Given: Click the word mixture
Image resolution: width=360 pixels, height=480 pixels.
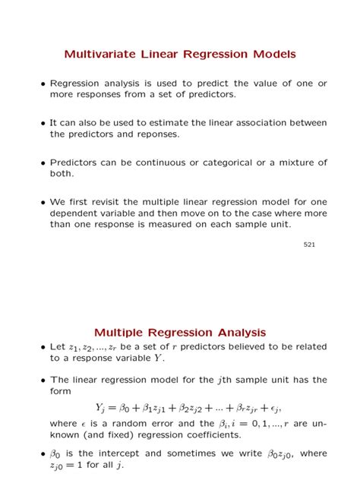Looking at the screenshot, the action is click(292, 163).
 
